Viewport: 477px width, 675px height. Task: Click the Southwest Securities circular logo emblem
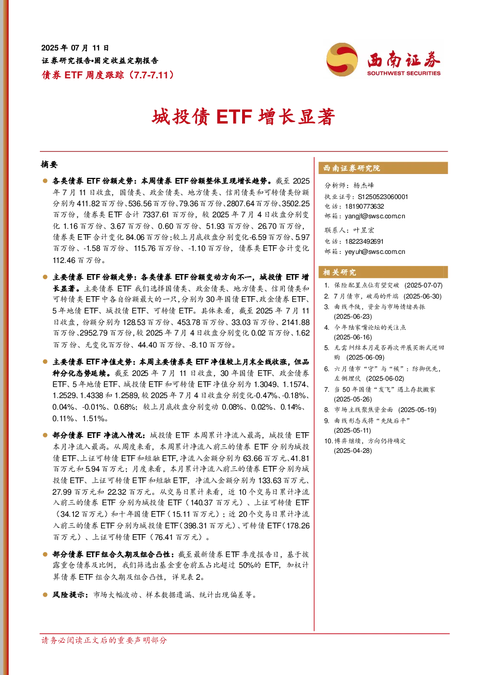coord(342,59)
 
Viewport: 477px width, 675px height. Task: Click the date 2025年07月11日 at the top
coord(75,48)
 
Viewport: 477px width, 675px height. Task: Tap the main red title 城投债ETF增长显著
coord(244,117)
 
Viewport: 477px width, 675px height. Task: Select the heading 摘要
coord(49,164)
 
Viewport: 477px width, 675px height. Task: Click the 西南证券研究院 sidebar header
coord(352,168)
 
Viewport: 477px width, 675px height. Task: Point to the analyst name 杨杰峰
coord(364,185)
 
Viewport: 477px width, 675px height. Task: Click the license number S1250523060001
coord(383,197)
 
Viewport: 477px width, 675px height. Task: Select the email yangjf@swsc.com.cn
coord(375,216)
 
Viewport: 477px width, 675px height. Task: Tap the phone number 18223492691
coord(364,241)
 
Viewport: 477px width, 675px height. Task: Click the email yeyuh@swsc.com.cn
coord(375,251)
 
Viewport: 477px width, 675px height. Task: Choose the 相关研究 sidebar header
coord(340,273)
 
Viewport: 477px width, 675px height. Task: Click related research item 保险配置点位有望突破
coord(367,285)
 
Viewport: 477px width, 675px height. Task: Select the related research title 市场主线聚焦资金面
coord(364,410)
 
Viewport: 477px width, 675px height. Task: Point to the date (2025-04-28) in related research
coord(353,450)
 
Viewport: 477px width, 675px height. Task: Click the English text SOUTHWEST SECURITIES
coord(404,73)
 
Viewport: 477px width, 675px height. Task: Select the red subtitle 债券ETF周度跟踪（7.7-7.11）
coord(108,75)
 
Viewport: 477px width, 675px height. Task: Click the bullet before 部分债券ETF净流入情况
coord(45,435)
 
